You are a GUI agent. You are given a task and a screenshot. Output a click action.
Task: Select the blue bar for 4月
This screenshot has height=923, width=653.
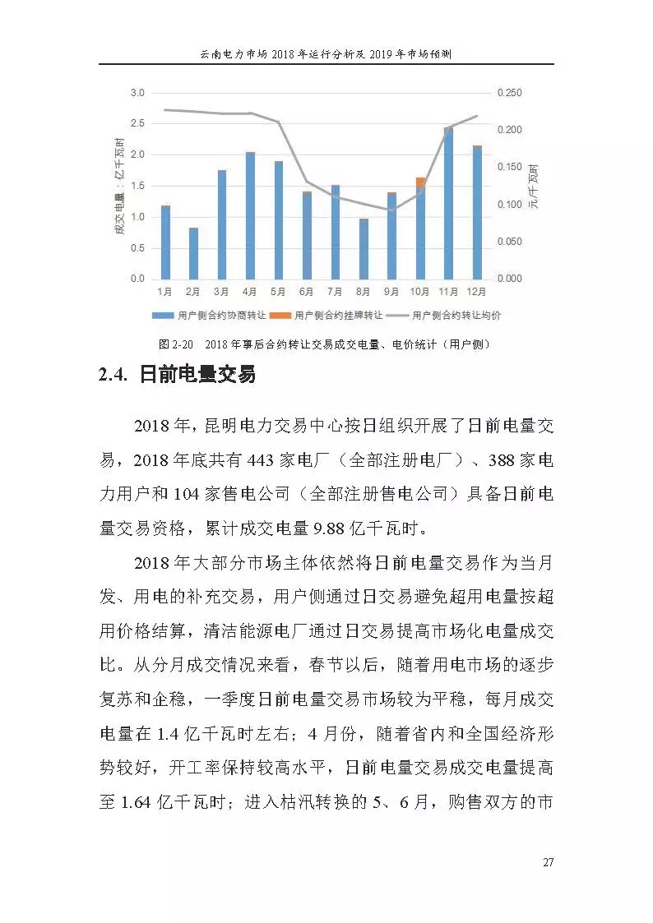(250, 215)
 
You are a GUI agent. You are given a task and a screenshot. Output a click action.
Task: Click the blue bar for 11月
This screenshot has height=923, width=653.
(448, 204)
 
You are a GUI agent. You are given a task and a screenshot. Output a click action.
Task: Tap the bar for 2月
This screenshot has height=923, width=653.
(193, 253)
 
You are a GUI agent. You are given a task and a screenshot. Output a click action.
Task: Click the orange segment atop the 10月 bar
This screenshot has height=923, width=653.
(420, 182)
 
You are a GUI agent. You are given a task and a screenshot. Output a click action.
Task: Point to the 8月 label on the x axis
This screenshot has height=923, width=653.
(363, 291)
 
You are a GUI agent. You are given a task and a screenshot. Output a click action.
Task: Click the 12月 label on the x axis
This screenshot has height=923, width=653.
(476, 291)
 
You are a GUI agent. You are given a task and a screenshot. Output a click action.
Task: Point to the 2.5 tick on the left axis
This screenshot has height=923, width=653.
(137, 124)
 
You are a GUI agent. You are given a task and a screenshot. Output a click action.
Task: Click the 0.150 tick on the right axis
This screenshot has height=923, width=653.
(509, 168)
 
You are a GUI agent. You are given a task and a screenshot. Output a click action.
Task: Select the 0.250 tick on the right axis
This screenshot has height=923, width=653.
(509, 94)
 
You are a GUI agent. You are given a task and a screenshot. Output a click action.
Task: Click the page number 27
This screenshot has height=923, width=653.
(548, 862)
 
